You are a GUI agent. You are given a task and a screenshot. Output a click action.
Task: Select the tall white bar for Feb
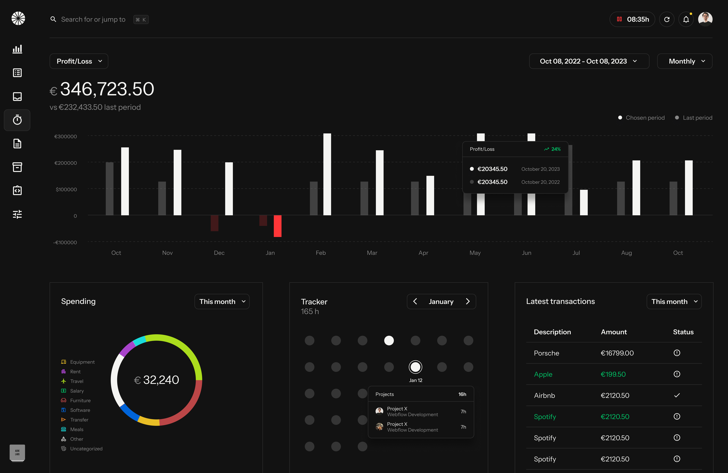tap(327, 174)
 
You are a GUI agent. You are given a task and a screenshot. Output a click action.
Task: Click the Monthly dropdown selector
tap(685, 61)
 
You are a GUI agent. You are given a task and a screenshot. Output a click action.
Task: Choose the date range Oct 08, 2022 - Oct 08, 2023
tap(589, 61)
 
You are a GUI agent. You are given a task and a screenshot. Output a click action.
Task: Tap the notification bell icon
tap(686, 19)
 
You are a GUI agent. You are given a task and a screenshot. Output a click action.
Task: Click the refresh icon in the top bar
tap(667, 19)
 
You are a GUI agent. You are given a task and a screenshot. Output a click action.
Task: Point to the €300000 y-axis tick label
tap(65, 136)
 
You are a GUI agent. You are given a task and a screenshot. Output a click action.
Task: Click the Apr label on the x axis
tap(423, 253)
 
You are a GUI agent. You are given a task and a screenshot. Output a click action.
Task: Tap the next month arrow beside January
tap(468, 301)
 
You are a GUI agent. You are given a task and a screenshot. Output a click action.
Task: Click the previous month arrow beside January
tap(415, 301)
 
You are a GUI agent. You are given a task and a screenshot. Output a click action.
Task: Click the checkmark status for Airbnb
tap(677, 395)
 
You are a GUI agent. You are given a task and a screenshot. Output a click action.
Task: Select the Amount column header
tap(614, 332)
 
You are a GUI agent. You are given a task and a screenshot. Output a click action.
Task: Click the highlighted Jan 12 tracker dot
tap(415, 367)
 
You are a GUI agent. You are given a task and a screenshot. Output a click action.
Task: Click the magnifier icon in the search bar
tap(53, 19)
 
